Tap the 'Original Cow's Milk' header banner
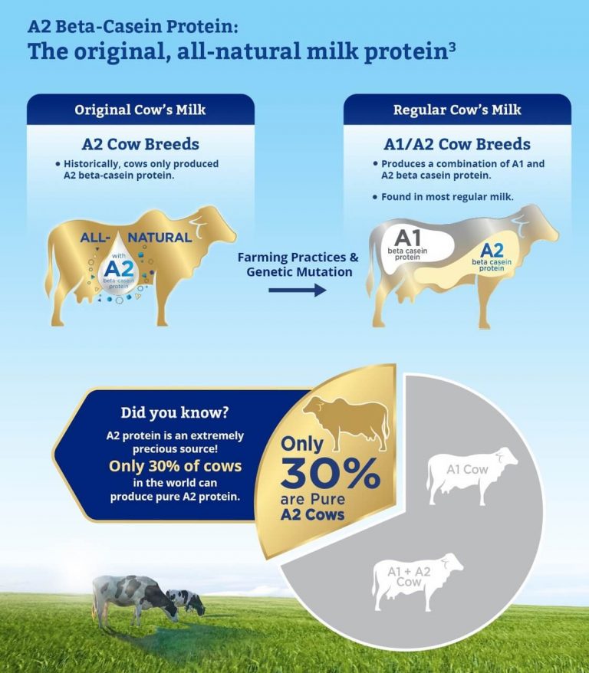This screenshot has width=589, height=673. coord(140,110)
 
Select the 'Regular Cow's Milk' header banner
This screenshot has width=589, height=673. coord(457,110)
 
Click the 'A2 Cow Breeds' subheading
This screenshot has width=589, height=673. coord(140,144)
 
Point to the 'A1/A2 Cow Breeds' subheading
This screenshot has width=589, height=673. coord(457,144)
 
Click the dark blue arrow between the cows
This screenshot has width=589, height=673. coord(297,291)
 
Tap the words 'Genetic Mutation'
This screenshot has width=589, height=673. coord(299,272)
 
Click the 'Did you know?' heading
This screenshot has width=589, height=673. coord(175,412)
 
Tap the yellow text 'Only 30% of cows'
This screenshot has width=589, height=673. coord(175,466)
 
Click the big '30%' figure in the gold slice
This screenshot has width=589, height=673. coord(330,474)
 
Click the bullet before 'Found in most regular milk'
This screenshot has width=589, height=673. coord(375,197)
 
